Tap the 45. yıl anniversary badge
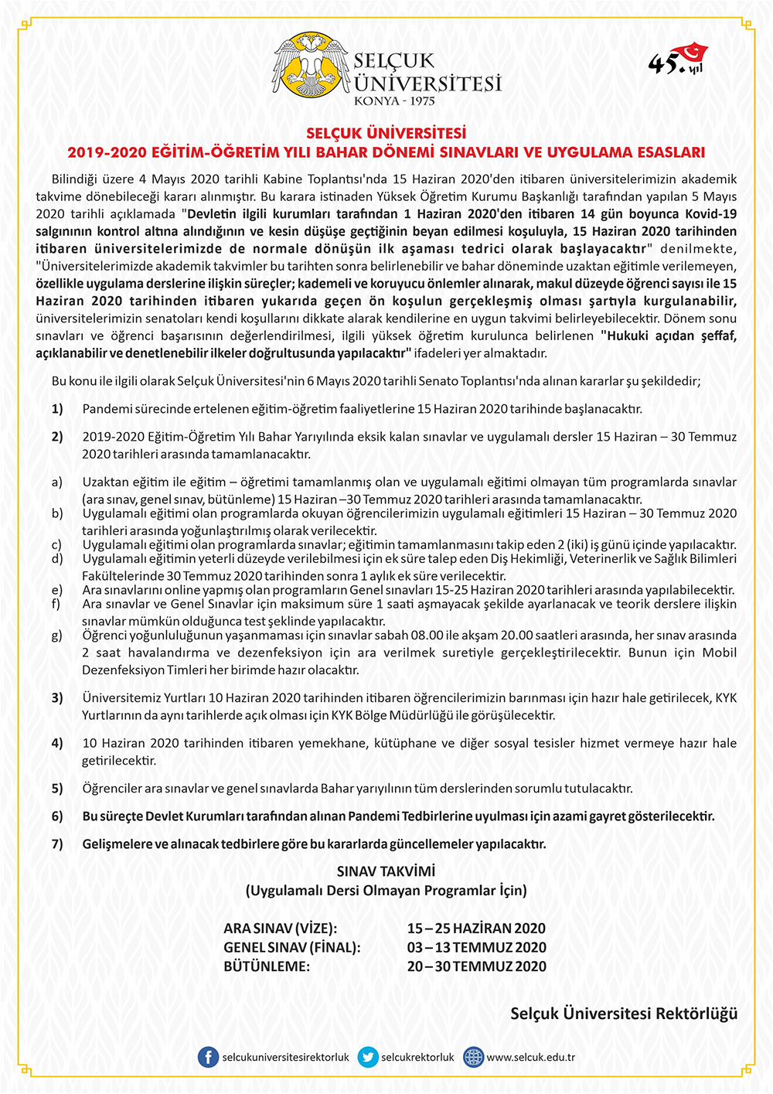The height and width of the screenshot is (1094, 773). click(x=677, y=60)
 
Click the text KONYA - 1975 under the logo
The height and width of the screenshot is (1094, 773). click(x=394, y=101)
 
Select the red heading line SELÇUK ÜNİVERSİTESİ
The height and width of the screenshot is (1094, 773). click(x=386, y=133)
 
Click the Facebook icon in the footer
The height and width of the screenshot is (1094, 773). click(x=208, y=1057)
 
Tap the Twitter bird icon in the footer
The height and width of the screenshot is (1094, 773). click(x=368, y=1057)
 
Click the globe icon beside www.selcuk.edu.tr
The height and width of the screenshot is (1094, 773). click(x=473, y=1057)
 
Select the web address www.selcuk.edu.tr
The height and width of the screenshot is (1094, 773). click(x=530, y=1057)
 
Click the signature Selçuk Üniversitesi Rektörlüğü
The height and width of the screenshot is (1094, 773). click(x=624, y=1014)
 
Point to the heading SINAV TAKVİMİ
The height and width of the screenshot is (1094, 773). click(x=386, y=871)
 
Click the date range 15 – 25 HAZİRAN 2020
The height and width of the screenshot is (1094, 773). click(x=476, y=929)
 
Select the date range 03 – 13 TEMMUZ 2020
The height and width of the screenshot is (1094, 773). click(x=476, y=947)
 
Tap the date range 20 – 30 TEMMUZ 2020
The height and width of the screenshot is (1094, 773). click(x=476, y=966)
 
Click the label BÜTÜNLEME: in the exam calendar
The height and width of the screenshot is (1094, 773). click(x=267, y=966)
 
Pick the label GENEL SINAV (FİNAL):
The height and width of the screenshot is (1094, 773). click(x=292, y=947)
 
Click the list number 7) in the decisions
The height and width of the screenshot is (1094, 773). click(x=57, y=844)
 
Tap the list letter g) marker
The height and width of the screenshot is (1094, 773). click(x=57, y=636)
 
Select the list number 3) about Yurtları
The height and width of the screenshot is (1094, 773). click(x=57, y=698)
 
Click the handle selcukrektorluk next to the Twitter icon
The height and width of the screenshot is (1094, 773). click(x=417, y=1057)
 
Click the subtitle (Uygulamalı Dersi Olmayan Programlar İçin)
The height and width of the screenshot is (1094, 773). click(x=386, y=891)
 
